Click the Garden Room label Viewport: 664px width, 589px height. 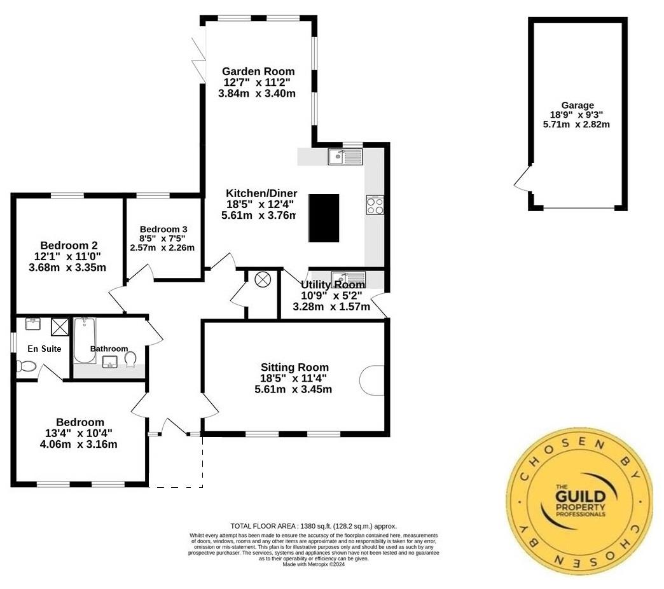(x=259, y=71)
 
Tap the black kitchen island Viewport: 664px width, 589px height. (x=324, y=218)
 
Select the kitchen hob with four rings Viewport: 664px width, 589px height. (x=375, y=205)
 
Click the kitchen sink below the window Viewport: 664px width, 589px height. (x=345, y=156)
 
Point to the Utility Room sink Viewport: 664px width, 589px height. (x=349, y=278)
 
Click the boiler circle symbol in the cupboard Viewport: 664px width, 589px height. (x=263, y=280)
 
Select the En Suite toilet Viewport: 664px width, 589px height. (x=27, y=366)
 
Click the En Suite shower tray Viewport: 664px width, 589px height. (x=61, y=326)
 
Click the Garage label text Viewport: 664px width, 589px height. (x=577, y=106)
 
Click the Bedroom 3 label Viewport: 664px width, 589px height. (x=163, y=229)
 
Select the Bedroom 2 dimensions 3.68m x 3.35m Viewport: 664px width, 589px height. (x=67, y=268)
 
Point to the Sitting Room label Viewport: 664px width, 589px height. (x=294, y=367)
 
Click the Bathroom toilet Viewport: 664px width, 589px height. (x=130, y=361)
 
